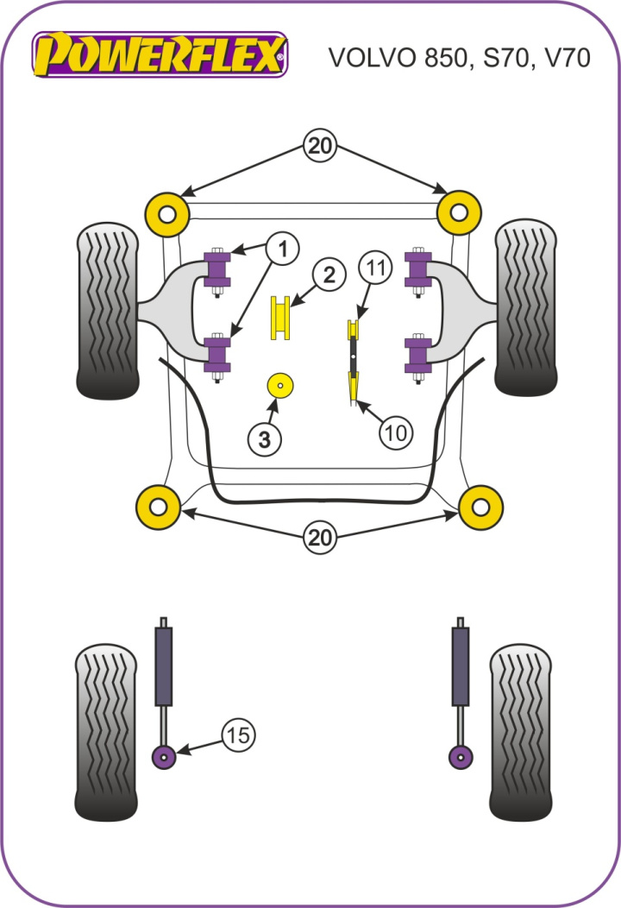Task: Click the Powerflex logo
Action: pos(160,56)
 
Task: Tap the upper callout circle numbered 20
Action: pos(320,147)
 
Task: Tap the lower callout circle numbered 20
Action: pos(320,538)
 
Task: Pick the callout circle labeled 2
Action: pos(329,276)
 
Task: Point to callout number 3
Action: pos(265,440)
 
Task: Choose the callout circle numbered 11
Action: pos(375,268)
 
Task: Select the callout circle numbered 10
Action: pos(395,432)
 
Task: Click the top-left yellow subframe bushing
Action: pos(167,213)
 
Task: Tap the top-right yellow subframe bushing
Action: pos(458,213)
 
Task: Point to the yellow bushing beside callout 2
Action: pos(280,318)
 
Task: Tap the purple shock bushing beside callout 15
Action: pos(163,757)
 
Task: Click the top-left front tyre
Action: pos(107,311)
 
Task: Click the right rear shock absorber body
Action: pos(461,665)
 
